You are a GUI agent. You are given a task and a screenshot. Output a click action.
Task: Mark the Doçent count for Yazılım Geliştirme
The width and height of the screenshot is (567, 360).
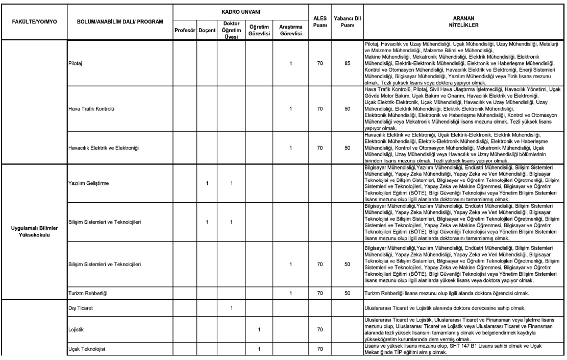pyautogui.click(x=207, y=183)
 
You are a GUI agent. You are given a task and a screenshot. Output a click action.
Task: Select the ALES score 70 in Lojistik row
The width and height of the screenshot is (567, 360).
pyautogui.click(x=320, y=329)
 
